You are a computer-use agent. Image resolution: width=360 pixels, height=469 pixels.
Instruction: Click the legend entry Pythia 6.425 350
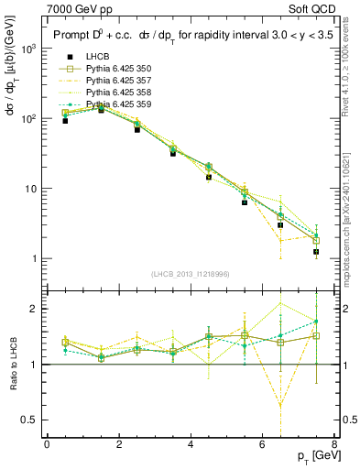(111, 93)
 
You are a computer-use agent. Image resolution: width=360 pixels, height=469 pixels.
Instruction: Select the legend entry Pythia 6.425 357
(111, 105)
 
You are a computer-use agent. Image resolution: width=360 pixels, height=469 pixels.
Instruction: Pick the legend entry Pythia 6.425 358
(111, 117)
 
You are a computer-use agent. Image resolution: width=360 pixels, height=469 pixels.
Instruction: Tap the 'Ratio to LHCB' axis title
(13, 364)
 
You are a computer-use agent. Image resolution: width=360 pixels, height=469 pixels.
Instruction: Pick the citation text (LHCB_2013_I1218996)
(191, 275)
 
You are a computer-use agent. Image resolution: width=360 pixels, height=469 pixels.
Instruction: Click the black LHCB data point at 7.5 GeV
(316, 252)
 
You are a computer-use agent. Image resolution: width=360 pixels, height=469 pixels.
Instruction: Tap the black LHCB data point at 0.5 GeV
(65, 121)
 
